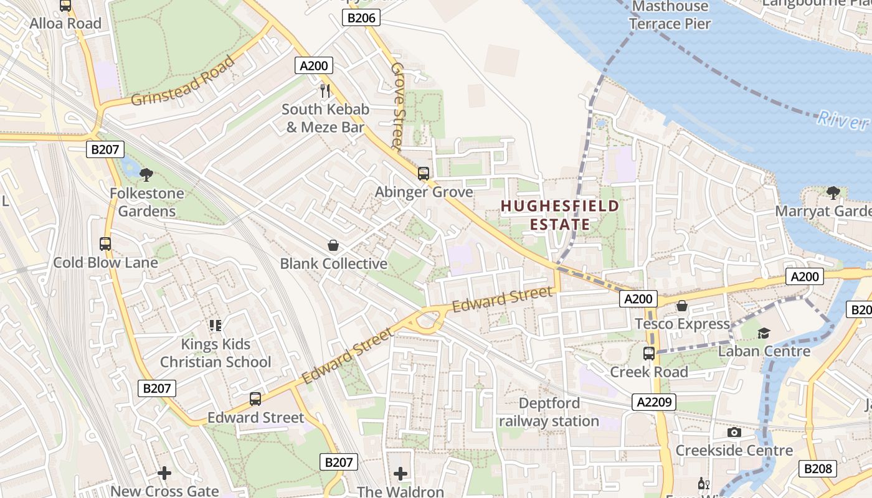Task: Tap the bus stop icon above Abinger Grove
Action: (x=424, y=173)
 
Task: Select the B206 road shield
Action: (x=361, y=18)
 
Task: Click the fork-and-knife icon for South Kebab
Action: (x=325, y=90)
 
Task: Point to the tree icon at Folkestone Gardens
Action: (x=146, y=174)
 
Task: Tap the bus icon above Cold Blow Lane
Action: (x=105, y=244)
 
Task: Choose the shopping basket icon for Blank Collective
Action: (x=333, y=245)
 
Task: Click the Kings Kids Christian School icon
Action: (x=216, y=325)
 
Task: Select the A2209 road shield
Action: (x=656, y=402)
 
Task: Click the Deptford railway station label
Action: (x=549, y=412)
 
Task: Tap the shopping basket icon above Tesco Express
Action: (x=682, y=306)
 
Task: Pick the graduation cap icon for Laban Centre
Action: (x=764, y=333)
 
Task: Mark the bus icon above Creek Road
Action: (x=649, y=354)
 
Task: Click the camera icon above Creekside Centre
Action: (x=734, y=432)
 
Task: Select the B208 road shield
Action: (x=818, y=468)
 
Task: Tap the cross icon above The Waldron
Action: (x=400, y=474)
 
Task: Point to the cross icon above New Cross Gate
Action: (x=164, y=473)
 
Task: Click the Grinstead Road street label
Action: (x=183, y=82)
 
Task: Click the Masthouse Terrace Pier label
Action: (x=670, y=16)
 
